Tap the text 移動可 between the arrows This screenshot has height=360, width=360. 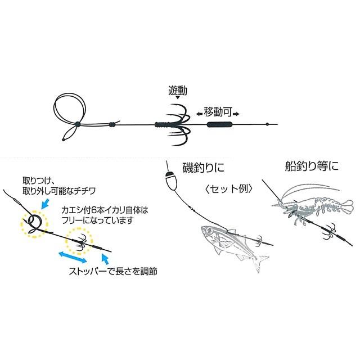click(x=218, y=112)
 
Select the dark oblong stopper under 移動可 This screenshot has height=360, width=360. click(x=218, y=123)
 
